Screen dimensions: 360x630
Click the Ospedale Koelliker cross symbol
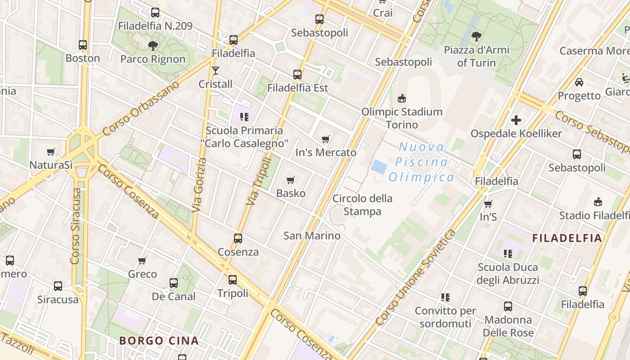click(x=516, y=120)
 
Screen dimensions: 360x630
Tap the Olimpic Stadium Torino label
click(x=402, y=118)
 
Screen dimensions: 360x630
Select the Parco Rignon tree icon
click(x=153, y=45)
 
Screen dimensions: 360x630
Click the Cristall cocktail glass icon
click(x=216, y=71)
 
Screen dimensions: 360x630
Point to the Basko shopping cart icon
click(x=291, y=180)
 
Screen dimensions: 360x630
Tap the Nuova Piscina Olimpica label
click(x=422, y=162)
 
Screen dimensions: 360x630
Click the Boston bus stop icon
click(x=83, y=45)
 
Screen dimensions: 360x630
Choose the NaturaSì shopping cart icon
click(x=51, y=152)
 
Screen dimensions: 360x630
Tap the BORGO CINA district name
click(x=159, y=341)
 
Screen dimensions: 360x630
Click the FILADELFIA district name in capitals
click(x=567, y=238)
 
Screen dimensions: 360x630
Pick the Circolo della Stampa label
click(x=362, y=205)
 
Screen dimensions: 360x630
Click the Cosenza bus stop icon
click(x=238, y=238)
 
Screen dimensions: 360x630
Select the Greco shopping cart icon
click(x=142, y=261)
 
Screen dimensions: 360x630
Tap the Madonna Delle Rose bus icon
click(x=508, y=306)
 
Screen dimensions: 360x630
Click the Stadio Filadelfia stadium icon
click(x=598, y=202)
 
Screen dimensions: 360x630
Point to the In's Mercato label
click(x=326, y=153)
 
